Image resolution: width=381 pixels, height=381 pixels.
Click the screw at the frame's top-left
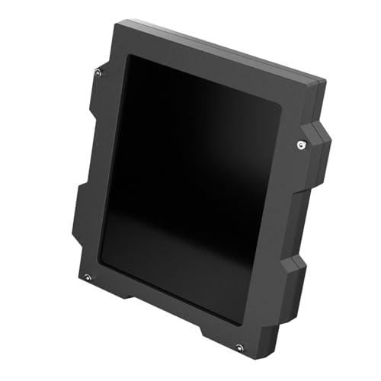(x=98, y=73)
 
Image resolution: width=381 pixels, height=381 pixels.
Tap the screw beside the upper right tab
(x=301, y=144)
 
